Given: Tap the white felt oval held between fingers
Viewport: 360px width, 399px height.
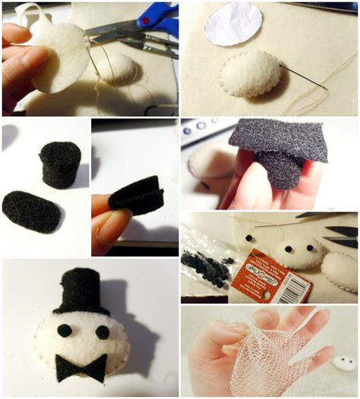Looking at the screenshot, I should click(x=61, y=57).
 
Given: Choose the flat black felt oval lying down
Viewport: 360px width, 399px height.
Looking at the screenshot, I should click(x=31, y=210).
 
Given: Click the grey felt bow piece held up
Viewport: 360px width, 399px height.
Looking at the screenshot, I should click(x=277, y=140).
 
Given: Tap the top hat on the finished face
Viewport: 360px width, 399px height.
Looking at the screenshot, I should click(x=80, y=292).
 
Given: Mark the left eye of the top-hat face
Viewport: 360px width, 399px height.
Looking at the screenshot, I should click(x=65, y=330).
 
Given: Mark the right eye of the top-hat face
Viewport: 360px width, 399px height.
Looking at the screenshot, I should click(x=102, y=331).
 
